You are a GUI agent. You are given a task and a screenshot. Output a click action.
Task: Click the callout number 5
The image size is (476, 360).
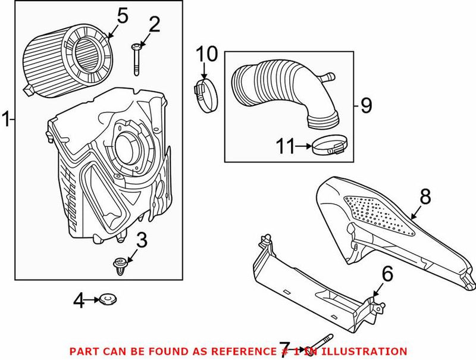pos(122,16)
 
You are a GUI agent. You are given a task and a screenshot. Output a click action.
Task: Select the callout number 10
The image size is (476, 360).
pos(208,55)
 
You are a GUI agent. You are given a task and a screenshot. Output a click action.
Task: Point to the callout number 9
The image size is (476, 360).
pos(365,105)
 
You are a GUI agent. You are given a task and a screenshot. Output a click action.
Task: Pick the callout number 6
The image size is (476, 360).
pos(387,274)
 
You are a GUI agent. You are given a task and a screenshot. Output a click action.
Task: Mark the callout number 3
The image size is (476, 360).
pos(141,241)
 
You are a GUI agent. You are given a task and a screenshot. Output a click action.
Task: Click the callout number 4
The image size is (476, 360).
pos(79,302)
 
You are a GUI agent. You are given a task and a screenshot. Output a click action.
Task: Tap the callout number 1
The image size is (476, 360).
pos(6,119)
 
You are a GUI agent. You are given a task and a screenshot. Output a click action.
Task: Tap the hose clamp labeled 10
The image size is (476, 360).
pos(204,95)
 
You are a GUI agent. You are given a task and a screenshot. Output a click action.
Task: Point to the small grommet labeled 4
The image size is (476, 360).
pos(108,298)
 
